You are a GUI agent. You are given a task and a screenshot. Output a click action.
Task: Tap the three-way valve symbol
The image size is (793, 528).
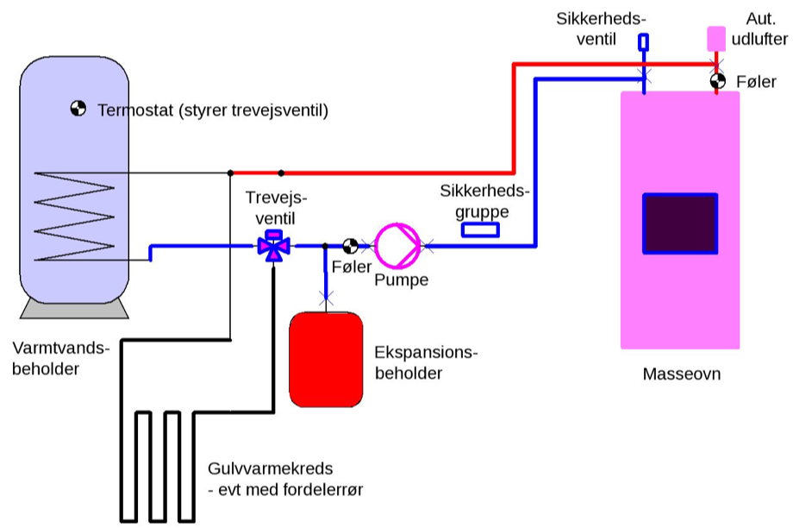point(274,246)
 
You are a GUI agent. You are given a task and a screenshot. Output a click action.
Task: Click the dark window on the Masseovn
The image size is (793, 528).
point(680,223)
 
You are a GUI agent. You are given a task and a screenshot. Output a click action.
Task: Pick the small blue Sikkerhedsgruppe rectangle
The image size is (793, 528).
point(481,229)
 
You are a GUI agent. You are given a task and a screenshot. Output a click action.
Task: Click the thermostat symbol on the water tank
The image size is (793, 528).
point(78,108)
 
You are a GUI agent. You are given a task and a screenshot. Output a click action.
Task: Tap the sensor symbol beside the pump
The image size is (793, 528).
point(351,246)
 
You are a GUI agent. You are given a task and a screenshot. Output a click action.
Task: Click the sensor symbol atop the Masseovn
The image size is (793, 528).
point(717,82)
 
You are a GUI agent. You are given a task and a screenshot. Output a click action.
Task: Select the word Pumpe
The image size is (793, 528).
point(401,280)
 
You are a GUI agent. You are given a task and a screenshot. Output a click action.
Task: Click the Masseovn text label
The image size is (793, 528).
point(681,374)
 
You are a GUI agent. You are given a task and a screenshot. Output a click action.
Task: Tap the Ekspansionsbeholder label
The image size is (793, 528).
point(426,363)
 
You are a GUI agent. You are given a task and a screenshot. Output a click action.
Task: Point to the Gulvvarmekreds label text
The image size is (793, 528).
point(268,479)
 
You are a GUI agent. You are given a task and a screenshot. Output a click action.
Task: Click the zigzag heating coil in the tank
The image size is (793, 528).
point(74,216)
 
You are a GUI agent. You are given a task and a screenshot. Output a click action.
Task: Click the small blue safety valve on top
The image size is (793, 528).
point(644,41)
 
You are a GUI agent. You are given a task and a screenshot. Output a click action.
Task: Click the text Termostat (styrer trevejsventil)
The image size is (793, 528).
point(214,111)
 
